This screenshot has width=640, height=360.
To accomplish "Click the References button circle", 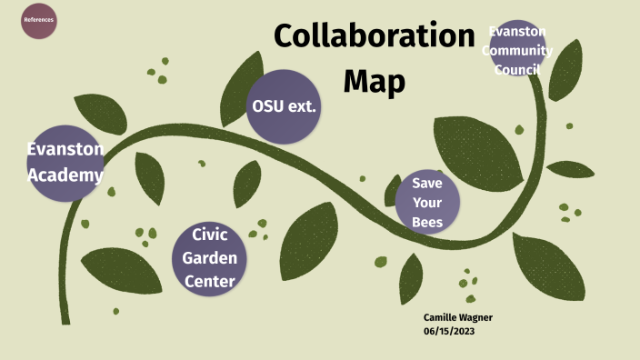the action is tap(39, 20).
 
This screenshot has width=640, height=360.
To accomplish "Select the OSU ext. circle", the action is tap(284, 106).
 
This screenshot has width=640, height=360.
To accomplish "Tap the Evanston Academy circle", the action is tap(64, 161).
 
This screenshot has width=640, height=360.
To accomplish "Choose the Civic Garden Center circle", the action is tap(210, 257).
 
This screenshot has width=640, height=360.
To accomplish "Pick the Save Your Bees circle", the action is tap(427, 202).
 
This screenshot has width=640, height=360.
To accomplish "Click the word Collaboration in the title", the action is tap(375, 37).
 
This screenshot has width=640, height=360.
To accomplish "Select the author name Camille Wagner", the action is tap(458, 317).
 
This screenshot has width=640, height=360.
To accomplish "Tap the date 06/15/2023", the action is tap(449, 331).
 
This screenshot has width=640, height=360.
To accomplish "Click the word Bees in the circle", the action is tap(427, 223).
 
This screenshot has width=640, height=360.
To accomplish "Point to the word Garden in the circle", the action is tap(210, 257).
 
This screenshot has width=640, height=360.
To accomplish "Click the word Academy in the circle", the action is tap(65, 174).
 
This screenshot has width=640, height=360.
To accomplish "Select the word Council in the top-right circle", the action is tap(517, 70).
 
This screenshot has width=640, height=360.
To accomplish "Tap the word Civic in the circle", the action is tap(210, 235).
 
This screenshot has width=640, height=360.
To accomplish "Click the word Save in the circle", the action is tap(427, 182).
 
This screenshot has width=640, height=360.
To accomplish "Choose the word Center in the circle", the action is tap(210, 281).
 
